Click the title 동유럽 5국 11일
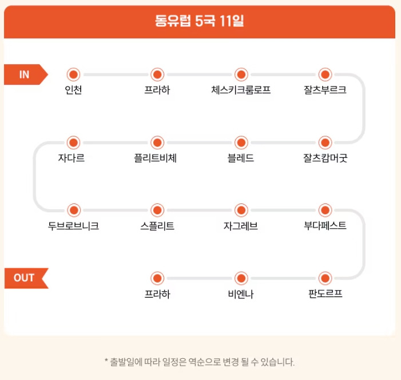point(200,21)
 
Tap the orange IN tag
point(25,75)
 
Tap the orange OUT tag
point(25,278)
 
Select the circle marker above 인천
point(73,75)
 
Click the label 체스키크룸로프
point(241,90)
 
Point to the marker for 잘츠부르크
point(325,75)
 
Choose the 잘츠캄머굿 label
point(325,158)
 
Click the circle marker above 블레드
point(241,142)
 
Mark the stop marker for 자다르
point(73,142)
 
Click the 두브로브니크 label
point(73,226)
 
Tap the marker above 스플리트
point(157,210)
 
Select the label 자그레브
point(241,226)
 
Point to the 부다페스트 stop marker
point(325,210)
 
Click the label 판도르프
point(325,294)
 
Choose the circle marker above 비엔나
point(241,279)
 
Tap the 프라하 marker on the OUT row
point(157,279)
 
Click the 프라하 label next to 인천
point(157,90)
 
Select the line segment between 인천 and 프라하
point(115,75)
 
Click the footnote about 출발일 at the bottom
point(200,362)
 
